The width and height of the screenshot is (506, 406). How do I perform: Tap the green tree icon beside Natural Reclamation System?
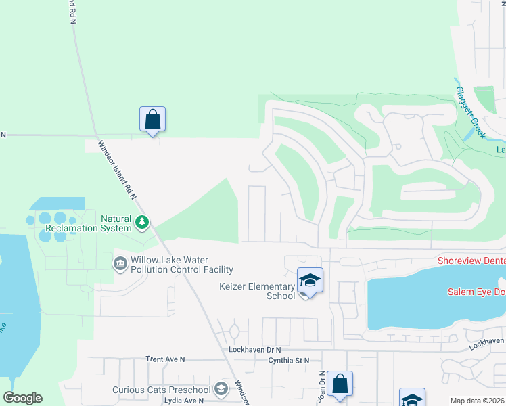tap(142, 221)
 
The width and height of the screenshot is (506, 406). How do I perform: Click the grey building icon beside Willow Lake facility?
tap(120, 262)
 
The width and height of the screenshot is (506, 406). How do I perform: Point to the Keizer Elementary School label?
tap(257, 291)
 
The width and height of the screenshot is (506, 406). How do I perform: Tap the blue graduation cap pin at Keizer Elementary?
tap(310, 281)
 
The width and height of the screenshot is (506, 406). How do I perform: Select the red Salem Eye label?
tap(476, 292)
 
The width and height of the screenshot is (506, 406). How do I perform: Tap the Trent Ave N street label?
tap(165, 359)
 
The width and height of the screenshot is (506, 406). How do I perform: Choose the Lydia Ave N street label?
tap(184, 401)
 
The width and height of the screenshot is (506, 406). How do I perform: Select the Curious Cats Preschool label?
tap(162, 390)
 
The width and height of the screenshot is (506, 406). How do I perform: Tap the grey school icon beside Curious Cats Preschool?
tap(221, 389)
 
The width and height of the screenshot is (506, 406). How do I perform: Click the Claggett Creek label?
tap(470, 113)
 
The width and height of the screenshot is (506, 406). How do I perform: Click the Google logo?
tap(22, 398)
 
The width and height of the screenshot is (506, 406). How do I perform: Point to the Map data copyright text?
tap(478, 401)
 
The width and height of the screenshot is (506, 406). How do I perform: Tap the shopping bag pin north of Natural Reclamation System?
tap(153, 120)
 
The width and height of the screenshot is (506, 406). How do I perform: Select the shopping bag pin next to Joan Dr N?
tap(340, 384)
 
